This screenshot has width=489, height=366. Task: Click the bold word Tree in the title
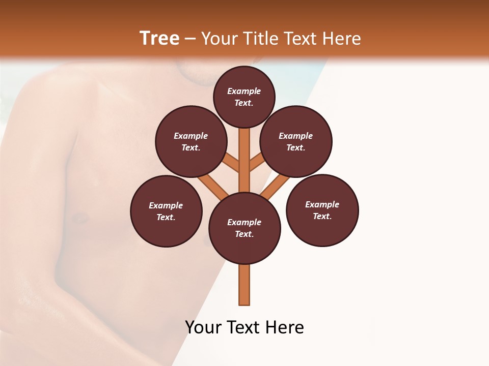coord(159,39)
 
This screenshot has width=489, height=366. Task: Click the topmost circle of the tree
coord(244,97)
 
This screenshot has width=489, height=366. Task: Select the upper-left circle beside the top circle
coord(191,141)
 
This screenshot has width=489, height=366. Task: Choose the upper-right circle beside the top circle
coord(296,141)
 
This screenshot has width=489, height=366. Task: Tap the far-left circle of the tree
coord(166,211)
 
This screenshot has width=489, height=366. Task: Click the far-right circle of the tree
coord(322,210)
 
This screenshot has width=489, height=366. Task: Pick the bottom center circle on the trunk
coord(244,228)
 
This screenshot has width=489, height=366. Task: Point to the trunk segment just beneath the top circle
coord(244,147)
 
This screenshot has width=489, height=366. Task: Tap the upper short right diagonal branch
coord(257,162)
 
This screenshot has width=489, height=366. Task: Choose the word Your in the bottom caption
coord(203,327)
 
